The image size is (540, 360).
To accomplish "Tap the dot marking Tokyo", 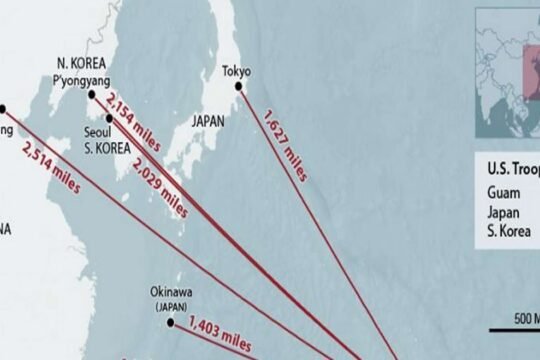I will coord(239,86).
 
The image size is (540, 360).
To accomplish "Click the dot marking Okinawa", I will coord(171,322).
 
